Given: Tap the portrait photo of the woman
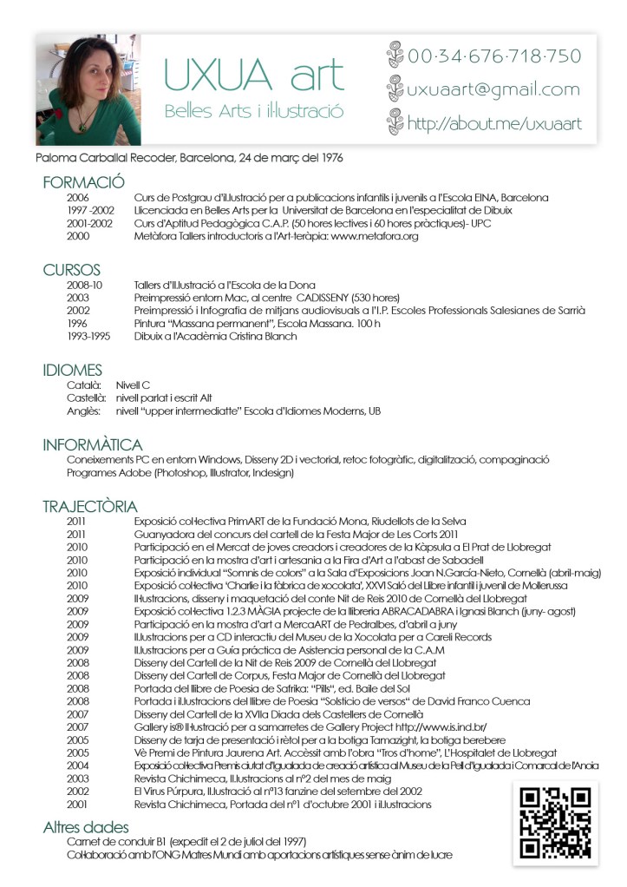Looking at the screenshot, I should pyautogui.click(x=88, y=89).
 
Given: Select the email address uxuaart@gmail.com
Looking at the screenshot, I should pyautogui.click(x=493, y=89).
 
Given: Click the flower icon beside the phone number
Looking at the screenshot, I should pyautogui.click(x=395, y=55).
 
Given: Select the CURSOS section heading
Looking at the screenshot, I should pyautogui.click(x=72, y=271).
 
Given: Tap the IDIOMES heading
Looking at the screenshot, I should pyautogui.click(x=73, y=370).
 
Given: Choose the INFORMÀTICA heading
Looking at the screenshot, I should pyautogui.click(x=93, y=444).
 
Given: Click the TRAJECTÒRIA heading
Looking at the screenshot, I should pyautogui.click(x=90, y=506).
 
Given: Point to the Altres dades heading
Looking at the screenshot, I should pyautogui.click(x=86, y=827).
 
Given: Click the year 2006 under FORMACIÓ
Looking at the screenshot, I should pyautogui.click(x=77, y=198).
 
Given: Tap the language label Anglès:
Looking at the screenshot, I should pyautogui.click(x=84, y=411).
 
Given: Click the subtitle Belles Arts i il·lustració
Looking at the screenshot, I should pyautogui.click(x=254, y=112).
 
